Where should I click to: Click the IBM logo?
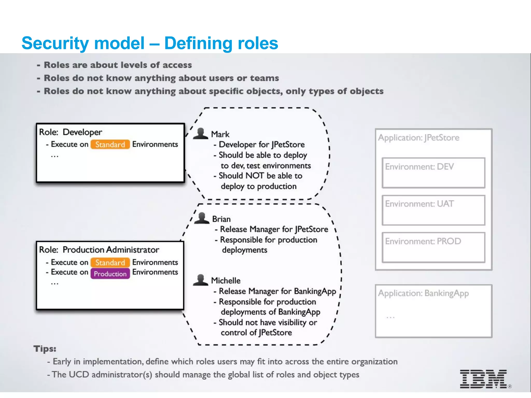pyautogui.click(x=483, y=379)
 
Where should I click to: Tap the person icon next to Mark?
pyautogui.click(x=200, y=134)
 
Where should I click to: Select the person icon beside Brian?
pyautogui.click(x=202, y=218)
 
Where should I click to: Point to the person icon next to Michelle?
pyautogui.click(x=200, y=280)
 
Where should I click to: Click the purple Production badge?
pyautogui.click(x=110, y=274)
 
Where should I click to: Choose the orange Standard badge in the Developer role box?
pyautogui.click(x=110, y=144)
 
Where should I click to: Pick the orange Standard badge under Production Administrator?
pyautogui.click(x=110, y=262)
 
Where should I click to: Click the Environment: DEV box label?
pyautogui.click(x=419, y=167)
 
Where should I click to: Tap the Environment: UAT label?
pyautogui.click(x=419, y=204)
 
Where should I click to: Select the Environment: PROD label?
pyautogui.click(x=423, y=241)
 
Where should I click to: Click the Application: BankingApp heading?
pyautogui.click(x=423, y=293)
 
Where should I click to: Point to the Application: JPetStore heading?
pyautogui.click(x=418, y=138)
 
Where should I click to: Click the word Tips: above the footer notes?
pyautogui.click(x=45, y=349)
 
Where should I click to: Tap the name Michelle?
pyautogui.click(x=226, y=281)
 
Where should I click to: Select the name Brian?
pyautogui.click(x=221, y=219)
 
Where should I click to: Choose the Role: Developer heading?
pyautogui.click(x=71, y=132)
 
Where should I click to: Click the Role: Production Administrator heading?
pyautogui.click(x=99, y=250)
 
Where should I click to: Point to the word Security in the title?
pyautogui.click(x=55, y=43)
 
